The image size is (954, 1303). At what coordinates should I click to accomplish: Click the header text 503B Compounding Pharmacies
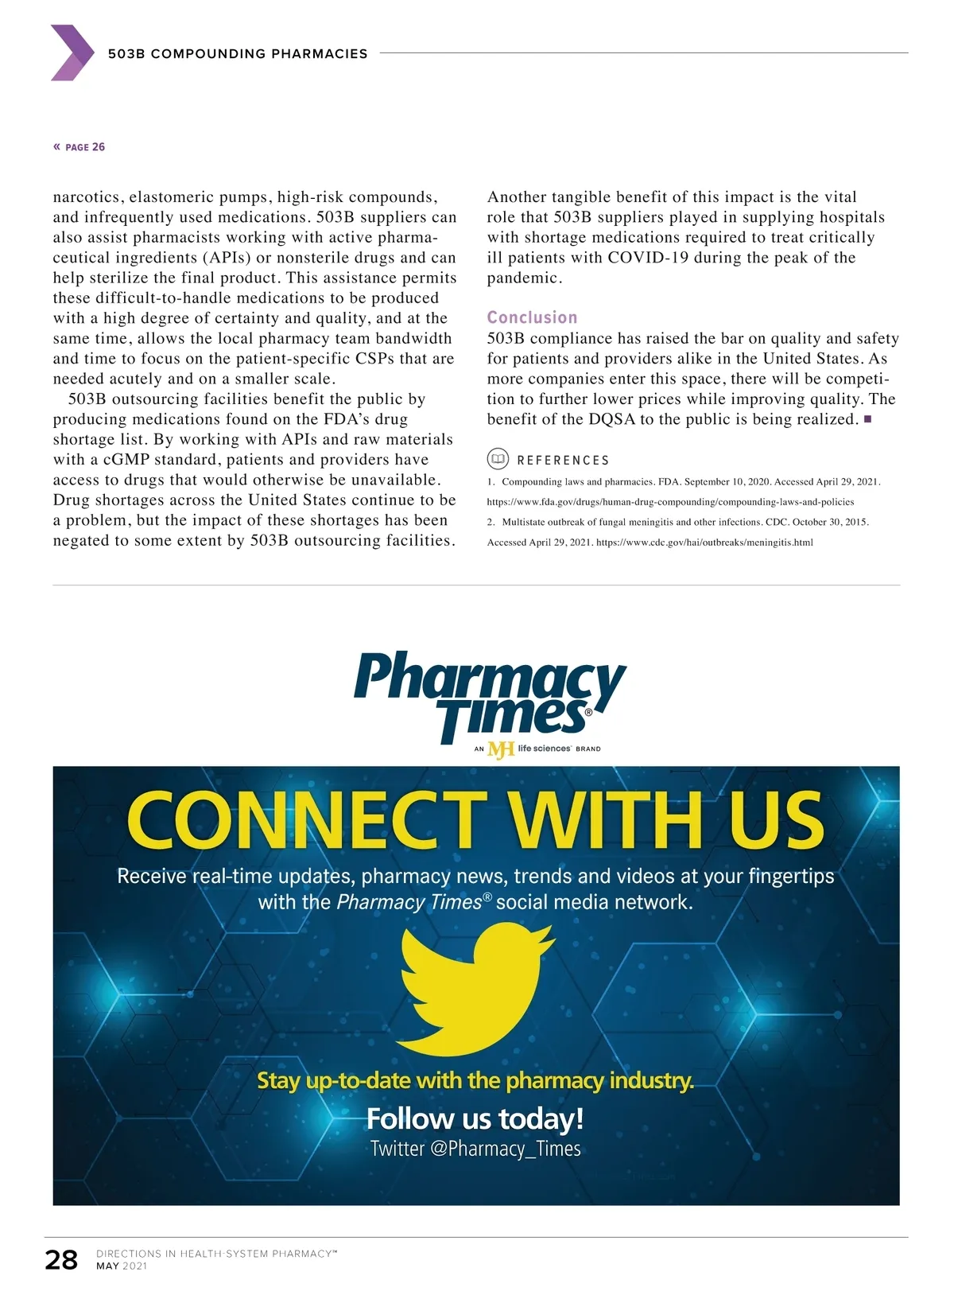point(238,54)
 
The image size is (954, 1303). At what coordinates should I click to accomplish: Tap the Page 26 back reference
point(79,147)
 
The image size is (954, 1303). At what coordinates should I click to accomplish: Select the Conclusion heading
point(532,317)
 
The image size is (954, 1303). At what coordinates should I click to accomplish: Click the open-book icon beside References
point(498,459)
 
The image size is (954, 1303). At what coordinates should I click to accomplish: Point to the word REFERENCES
point(563,461)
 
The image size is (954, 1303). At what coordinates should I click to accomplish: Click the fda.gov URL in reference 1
point(670,502)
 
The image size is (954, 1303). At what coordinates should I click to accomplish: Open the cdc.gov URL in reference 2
point(704,543)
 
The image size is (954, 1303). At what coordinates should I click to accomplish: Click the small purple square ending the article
point(867,418)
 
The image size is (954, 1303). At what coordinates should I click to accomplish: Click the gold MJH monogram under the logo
point(501,749)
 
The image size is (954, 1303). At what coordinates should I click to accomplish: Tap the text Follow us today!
point(475,1118)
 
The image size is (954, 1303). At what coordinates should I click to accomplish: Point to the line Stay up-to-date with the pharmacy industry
point(475,1080)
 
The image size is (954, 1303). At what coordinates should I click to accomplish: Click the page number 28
point(61,1259)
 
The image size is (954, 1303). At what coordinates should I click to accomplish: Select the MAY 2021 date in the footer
point(122,1266)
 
